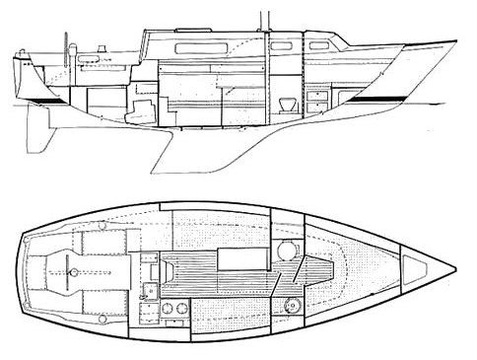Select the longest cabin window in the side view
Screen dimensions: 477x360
pos(199,45)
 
